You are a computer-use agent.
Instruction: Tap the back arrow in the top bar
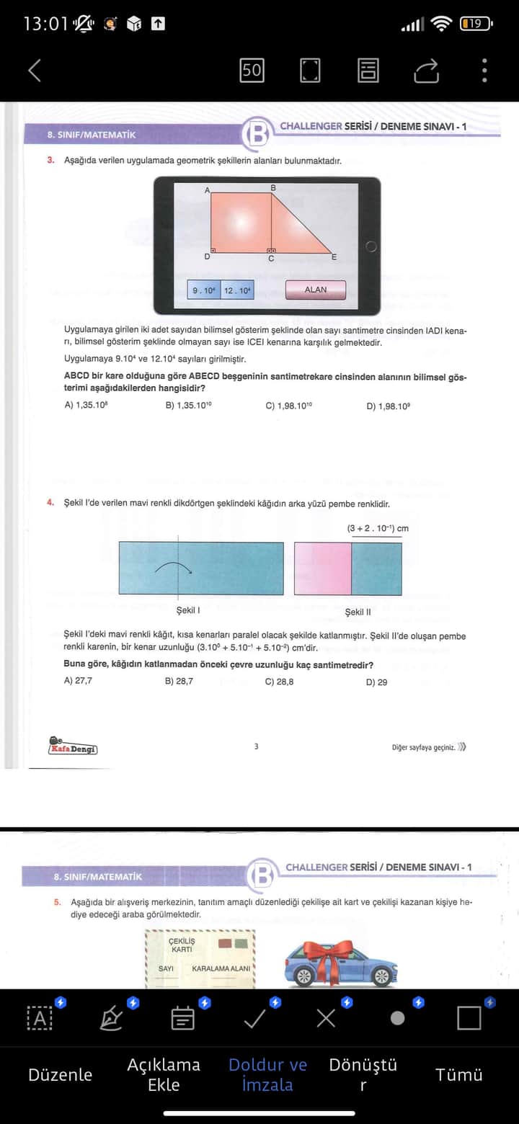point(34,70)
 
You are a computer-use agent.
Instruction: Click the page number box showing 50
point(252,70)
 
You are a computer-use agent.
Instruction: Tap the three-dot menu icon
point(484,70)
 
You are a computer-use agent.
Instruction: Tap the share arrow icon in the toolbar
point(426,70)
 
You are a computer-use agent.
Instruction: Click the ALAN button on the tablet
point(315,290)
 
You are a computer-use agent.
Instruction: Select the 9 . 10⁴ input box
point(203,290)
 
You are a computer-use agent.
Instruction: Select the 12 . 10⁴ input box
point(237,290)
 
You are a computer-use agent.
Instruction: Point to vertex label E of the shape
point(334,257)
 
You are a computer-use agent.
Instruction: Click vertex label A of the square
point(207,190)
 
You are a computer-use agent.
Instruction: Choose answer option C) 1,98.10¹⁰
point(288,406)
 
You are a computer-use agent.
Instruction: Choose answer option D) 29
point(376,682)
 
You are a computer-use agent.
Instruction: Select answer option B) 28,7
point(179,681)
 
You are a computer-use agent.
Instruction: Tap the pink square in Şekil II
point(323,568)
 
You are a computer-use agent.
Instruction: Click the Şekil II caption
point(358,612)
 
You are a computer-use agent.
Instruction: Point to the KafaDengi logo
point(73,746)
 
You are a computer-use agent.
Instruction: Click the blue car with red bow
point(340,963)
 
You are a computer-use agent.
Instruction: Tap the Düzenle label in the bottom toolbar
point(60,1074)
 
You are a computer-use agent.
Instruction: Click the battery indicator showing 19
point(476,24)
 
